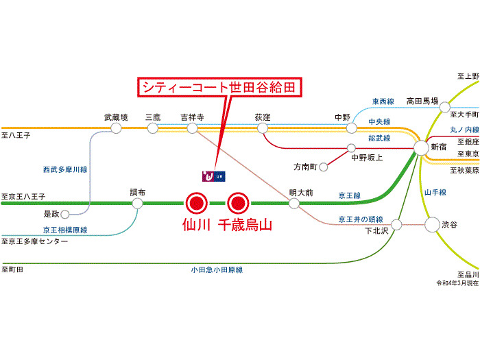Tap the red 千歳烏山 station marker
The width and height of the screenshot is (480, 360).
click(x=238, y=203)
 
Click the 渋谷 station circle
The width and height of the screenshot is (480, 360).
click(x=432, y=224)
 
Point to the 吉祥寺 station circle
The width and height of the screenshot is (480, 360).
click(x=192, y=128)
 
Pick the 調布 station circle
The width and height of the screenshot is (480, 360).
click(x=138, y=203)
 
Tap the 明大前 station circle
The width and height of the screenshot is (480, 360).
click(x=294, y=203)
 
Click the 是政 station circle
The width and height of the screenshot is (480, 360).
click(x=67, y=213)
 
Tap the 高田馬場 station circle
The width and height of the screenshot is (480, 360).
click(x=445, y=108)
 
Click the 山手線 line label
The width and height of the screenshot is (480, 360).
click(x=435, y=193)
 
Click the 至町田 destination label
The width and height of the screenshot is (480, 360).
click(x=14, y=269)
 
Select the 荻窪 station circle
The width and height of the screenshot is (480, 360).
click(x=263, y=128)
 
